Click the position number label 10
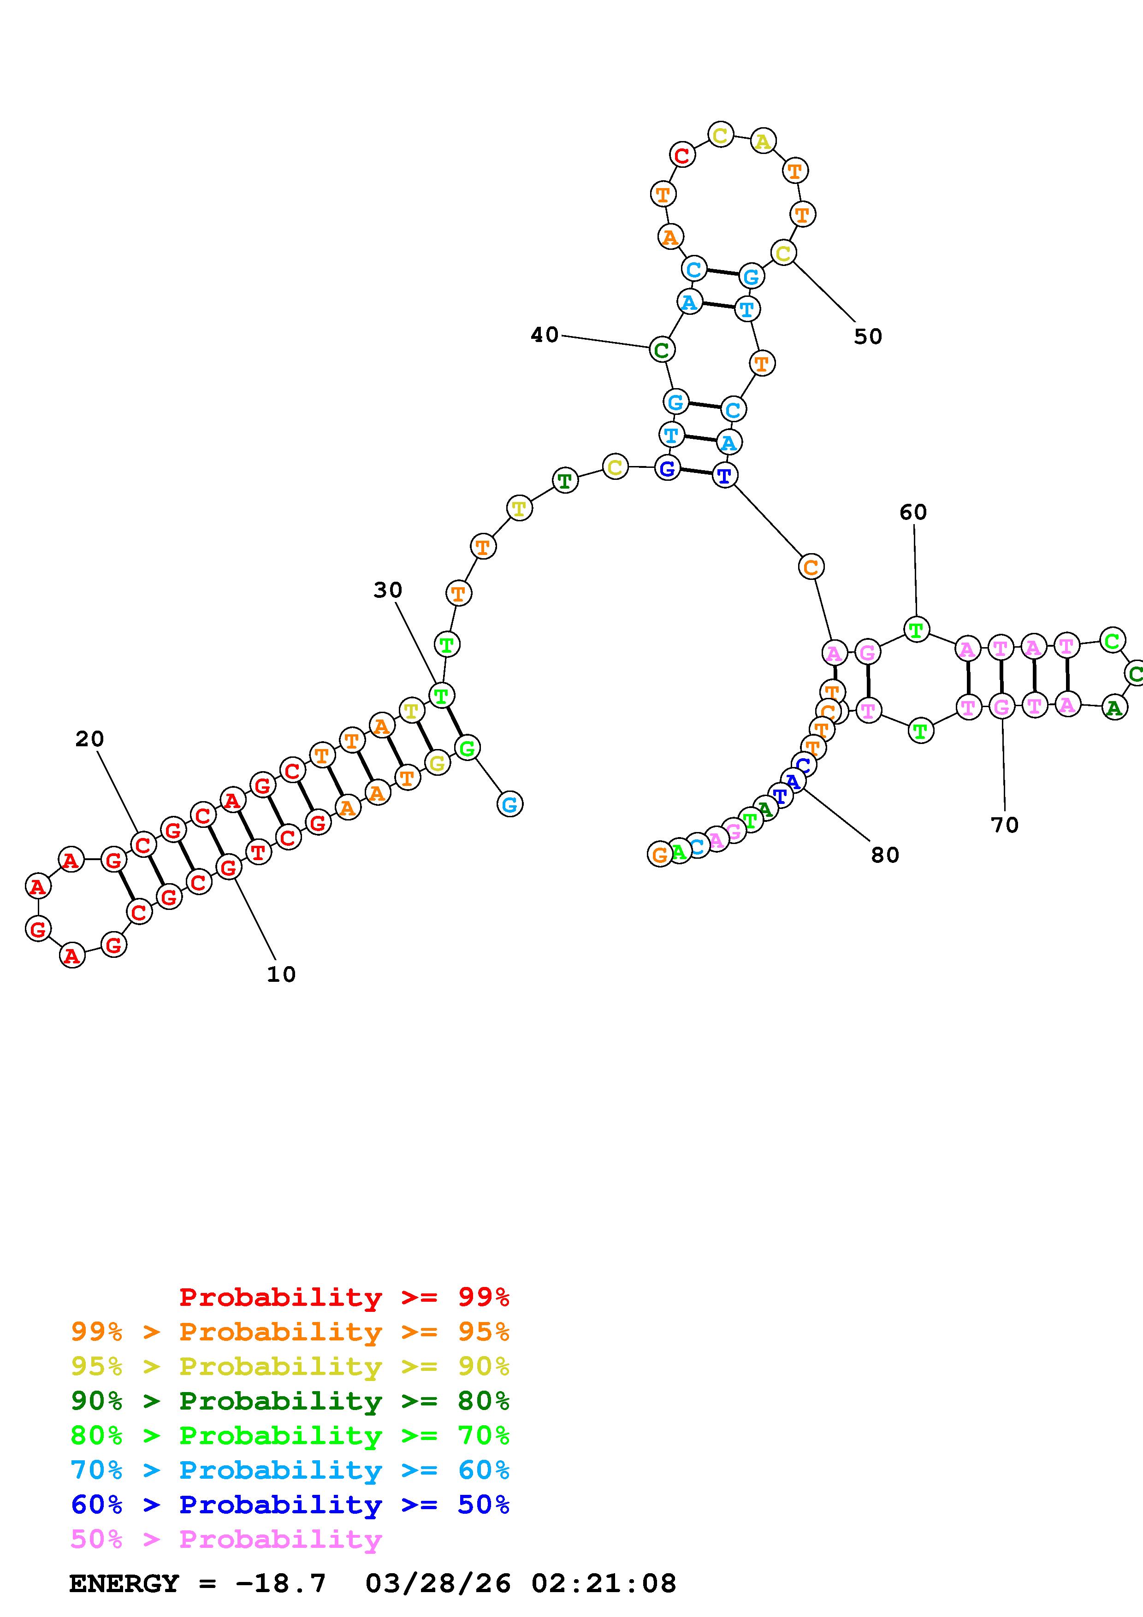[281, 975]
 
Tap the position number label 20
[89, 739]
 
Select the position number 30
[387, 590]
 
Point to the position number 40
[545, 335]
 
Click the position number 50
[868, 336]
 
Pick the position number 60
[913, 513]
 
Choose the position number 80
[884, 855]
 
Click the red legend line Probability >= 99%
[344, 1297]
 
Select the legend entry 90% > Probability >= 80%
[290, 1401]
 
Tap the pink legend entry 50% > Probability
[226, 1540]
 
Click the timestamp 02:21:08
[604, 1584]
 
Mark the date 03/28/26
[438, 1584]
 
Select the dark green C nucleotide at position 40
[661, 349]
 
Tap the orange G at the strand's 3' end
[660, 854]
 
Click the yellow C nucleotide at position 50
[783, 253]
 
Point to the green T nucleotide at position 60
[916, 630]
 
